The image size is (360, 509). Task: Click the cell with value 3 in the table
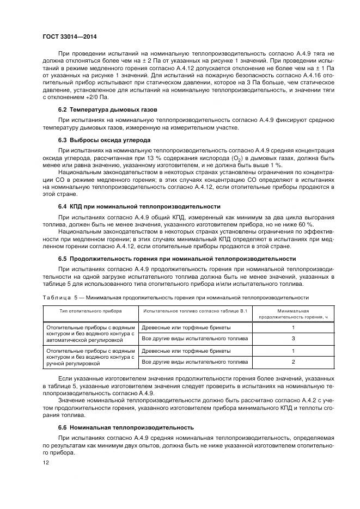(293, 339)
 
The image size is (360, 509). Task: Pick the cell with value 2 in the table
(293, 361)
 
